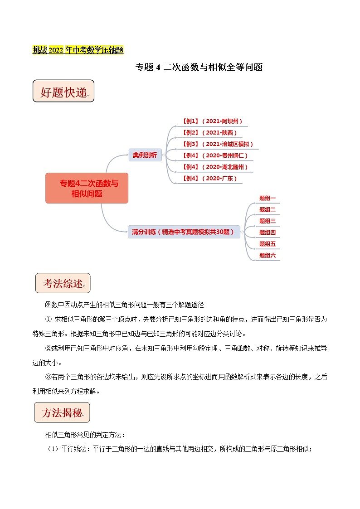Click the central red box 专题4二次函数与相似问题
pos(87,188)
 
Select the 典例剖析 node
pos(145,155)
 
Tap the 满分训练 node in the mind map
pos(183,232)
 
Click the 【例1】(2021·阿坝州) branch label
pos(212,121)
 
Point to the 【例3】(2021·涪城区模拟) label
pos(218,144)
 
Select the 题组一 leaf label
pos(268,198)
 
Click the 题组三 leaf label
pos(268,221)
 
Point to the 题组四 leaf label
pos(268,232)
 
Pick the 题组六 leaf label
pos(268,255)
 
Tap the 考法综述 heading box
pos(63,283)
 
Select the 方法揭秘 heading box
pos(62,412)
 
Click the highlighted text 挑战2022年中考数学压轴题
pos(78,50)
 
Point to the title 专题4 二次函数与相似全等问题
pos(199,68)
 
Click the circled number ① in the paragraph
pos(49,319)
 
